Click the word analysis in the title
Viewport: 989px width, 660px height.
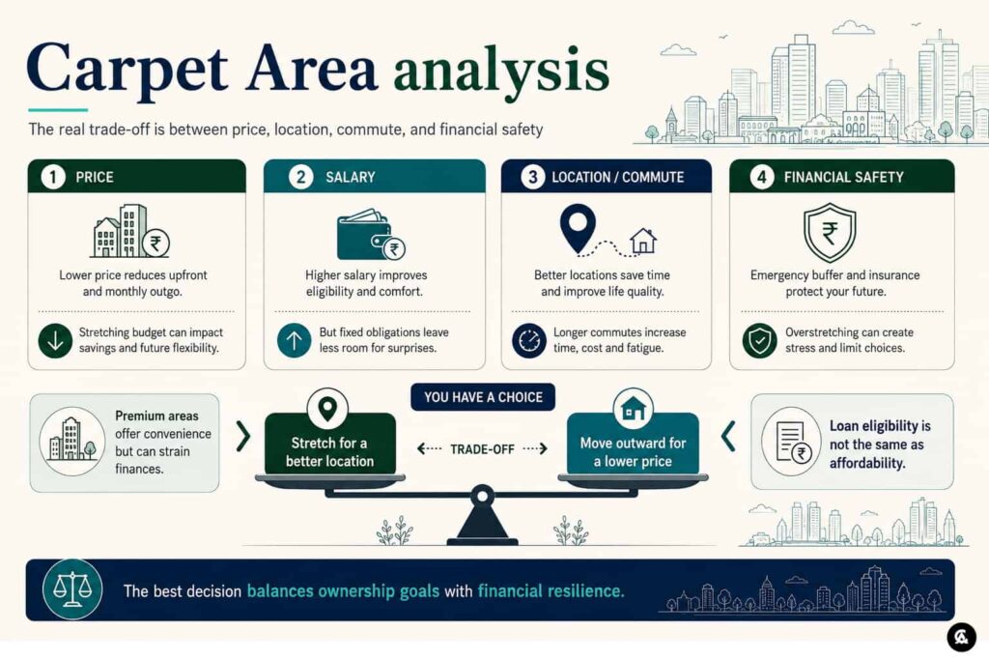pos(501,71)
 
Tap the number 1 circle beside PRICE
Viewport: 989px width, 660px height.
pos(53,177)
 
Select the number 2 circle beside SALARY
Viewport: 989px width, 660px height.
pos(301,177)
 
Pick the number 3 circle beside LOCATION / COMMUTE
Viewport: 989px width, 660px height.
pos(533,177)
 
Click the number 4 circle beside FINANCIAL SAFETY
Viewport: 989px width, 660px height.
pos(762,177)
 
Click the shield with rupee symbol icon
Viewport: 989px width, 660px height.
pos(830,233)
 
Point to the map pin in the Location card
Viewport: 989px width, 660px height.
pos(578,230)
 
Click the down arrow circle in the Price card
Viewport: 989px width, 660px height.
pos(55,341)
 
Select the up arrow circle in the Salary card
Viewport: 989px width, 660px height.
pos(294,341)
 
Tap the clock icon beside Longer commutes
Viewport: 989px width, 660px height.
pos(529,341)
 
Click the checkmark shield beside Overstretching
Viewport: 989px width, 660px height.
pos(759,341)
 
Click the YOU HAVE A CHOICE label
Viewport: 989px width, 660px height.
pos(483,397)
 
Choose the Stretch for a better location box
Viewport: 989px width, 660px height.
pos(330,444)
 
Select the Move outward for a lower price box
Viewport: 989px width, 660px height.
pos(633,444)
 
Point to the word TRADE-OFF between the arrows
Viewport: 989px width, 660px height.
pos(483,449)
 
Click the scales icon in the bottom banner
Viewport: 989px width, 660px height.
pos(72,589)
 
